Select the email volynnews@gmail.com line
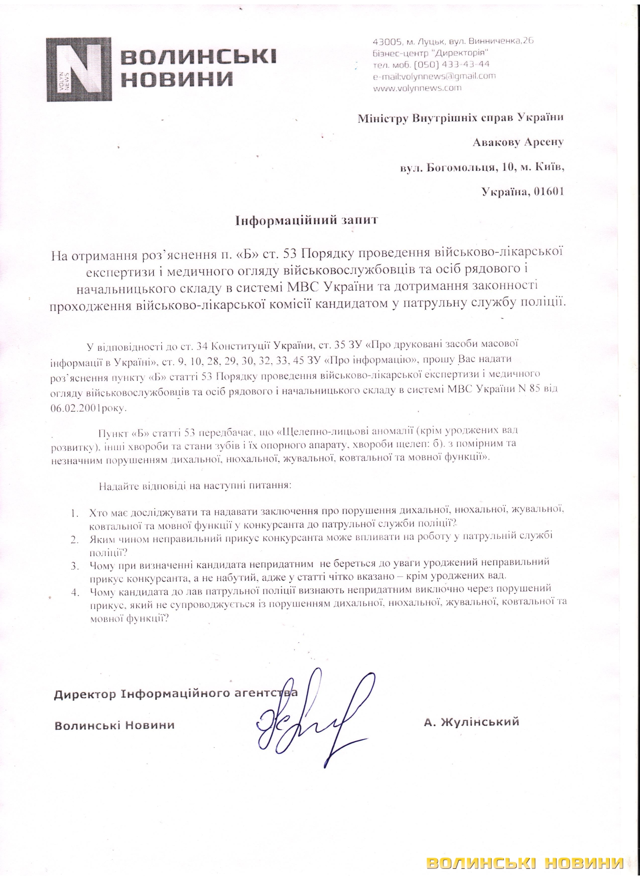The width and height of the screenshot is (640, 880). click(434, 76)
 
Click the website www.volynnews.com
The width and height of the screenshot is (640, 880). click(417, 88)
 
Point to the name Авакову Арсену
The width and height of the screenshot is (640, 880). click(518, 142)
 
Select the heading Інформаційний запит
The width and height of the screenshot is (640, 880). click(307, 221)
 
